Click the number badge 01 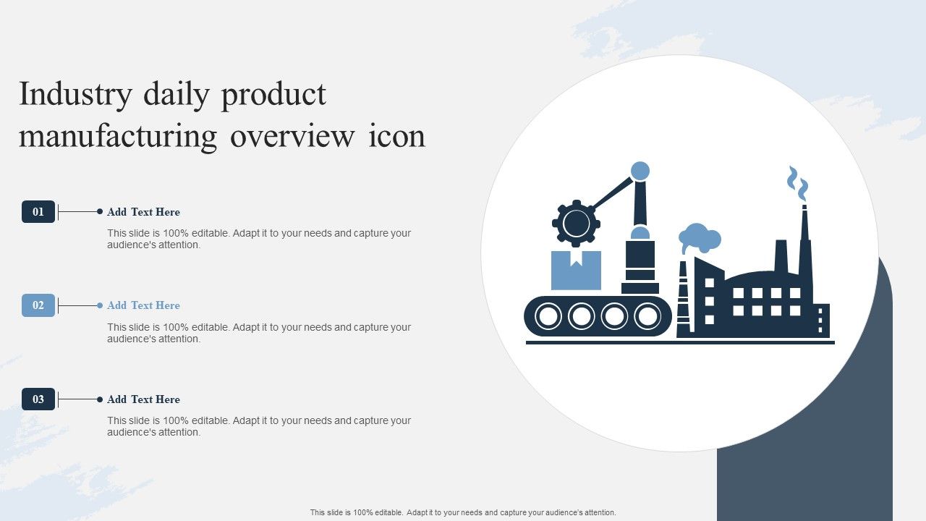point(38,212)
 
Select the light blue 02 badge point(38,305)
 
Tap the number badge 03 point(38,399)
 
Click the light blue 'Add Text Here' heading point(143,305)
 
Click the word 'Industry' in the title point(76,95)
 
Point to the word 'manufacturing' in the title point(118,137)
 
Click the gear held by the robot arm point(576,224)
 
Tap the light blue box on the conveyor point(576,270)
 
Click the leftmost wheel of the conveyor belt point(548,316)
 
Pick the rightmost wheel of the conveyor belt point(647,316)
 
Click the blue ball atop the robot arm point(640,171)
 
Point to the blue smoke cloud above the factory point(700,238)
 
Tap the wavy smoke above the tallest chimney point(797,183)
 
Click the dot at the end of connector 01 point(100,212)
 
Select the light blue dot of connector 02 point(100,305)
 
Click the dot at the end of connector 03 point(100,399)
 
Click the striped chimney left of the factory point(683,299)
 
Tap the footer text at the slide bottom point(463,512)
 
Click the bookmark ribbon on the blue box point(577,259)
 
